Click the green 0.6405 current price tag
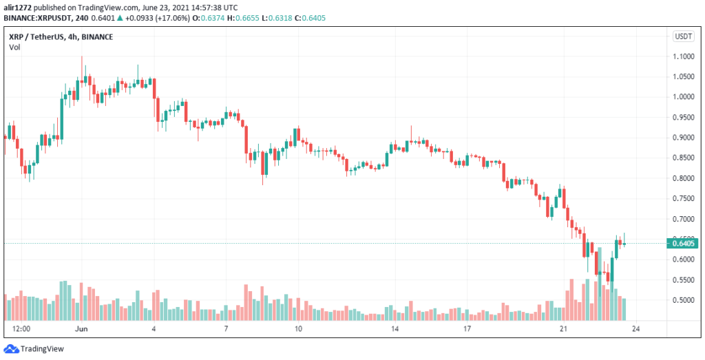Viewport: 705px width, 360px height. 682,242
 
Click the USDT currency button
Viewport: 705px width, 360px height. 683,36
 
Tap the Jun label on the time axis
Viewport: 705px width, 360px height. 80,329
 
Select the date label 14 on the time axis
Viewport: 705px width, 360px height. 394,329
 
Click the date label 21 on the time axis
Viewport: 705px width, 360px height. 562,329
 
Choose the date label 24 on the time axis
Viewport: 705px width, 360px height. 635,329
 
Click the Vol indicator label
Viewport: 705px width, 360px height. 14,47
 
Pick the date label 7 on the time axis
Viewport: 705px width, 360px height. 226,329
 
